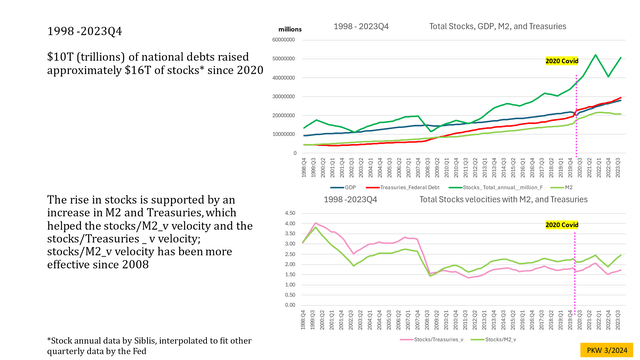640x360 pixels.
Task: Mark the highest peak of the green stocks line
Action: pos(597,55)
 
